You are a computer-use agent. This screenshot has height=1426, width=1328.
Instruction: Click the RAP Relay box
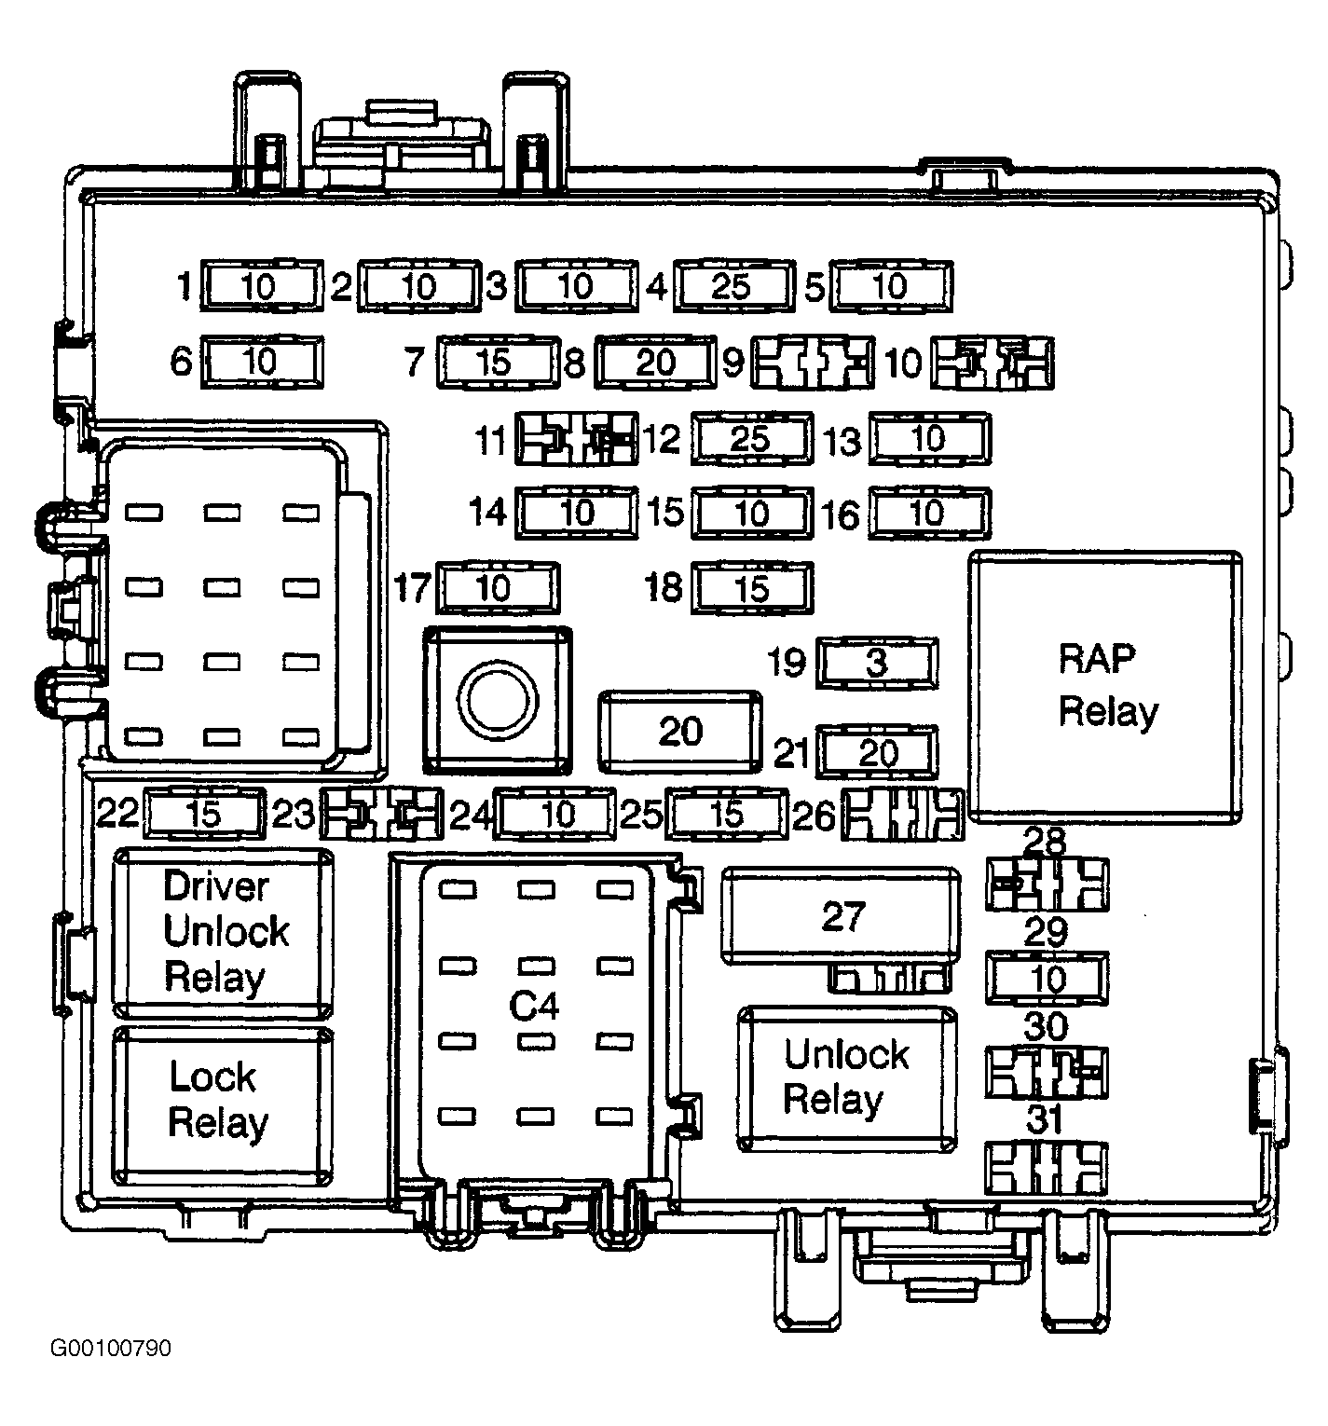1105,686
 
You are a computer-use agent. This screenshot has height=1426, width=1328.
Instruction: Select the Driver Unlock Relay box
223,932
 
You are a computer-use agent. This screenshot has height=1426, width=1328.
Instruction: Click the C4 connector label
534,1006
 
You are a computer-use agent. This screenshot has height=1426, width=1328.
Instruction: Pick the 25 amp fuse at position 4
732,286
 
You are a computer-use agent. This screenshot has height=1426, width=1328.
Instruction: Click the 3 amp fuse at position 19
876,664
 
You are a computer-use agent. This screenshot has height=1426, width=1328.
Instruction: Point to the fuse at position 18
752,588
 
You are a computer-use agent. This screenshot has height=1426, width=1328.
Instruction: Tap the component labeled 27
842,915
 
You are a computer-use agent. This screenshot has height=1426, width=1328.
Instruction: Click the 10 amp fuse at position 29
1047,979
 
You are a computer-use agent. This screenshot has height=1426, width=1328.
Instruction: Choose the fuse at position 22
204,814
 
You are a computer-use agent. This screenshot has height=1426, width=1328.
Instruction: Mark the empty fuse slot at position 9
813,363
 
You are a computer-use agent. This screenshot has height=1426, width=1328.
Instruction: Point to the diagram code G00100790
111,1349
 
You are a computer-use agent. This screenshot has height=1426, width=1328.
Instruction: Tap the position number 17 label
412,588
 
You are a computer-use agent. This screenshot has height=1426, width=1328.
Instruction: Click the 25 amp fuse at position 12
751,438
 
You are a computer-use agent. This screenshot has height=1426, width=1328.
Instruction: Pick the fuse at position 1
262,286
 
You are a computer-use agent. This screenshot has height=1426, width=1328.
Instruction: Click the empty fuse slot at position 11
578,438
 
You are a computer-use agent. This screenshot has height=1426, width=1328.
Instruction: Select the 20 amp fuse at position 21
876,752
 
